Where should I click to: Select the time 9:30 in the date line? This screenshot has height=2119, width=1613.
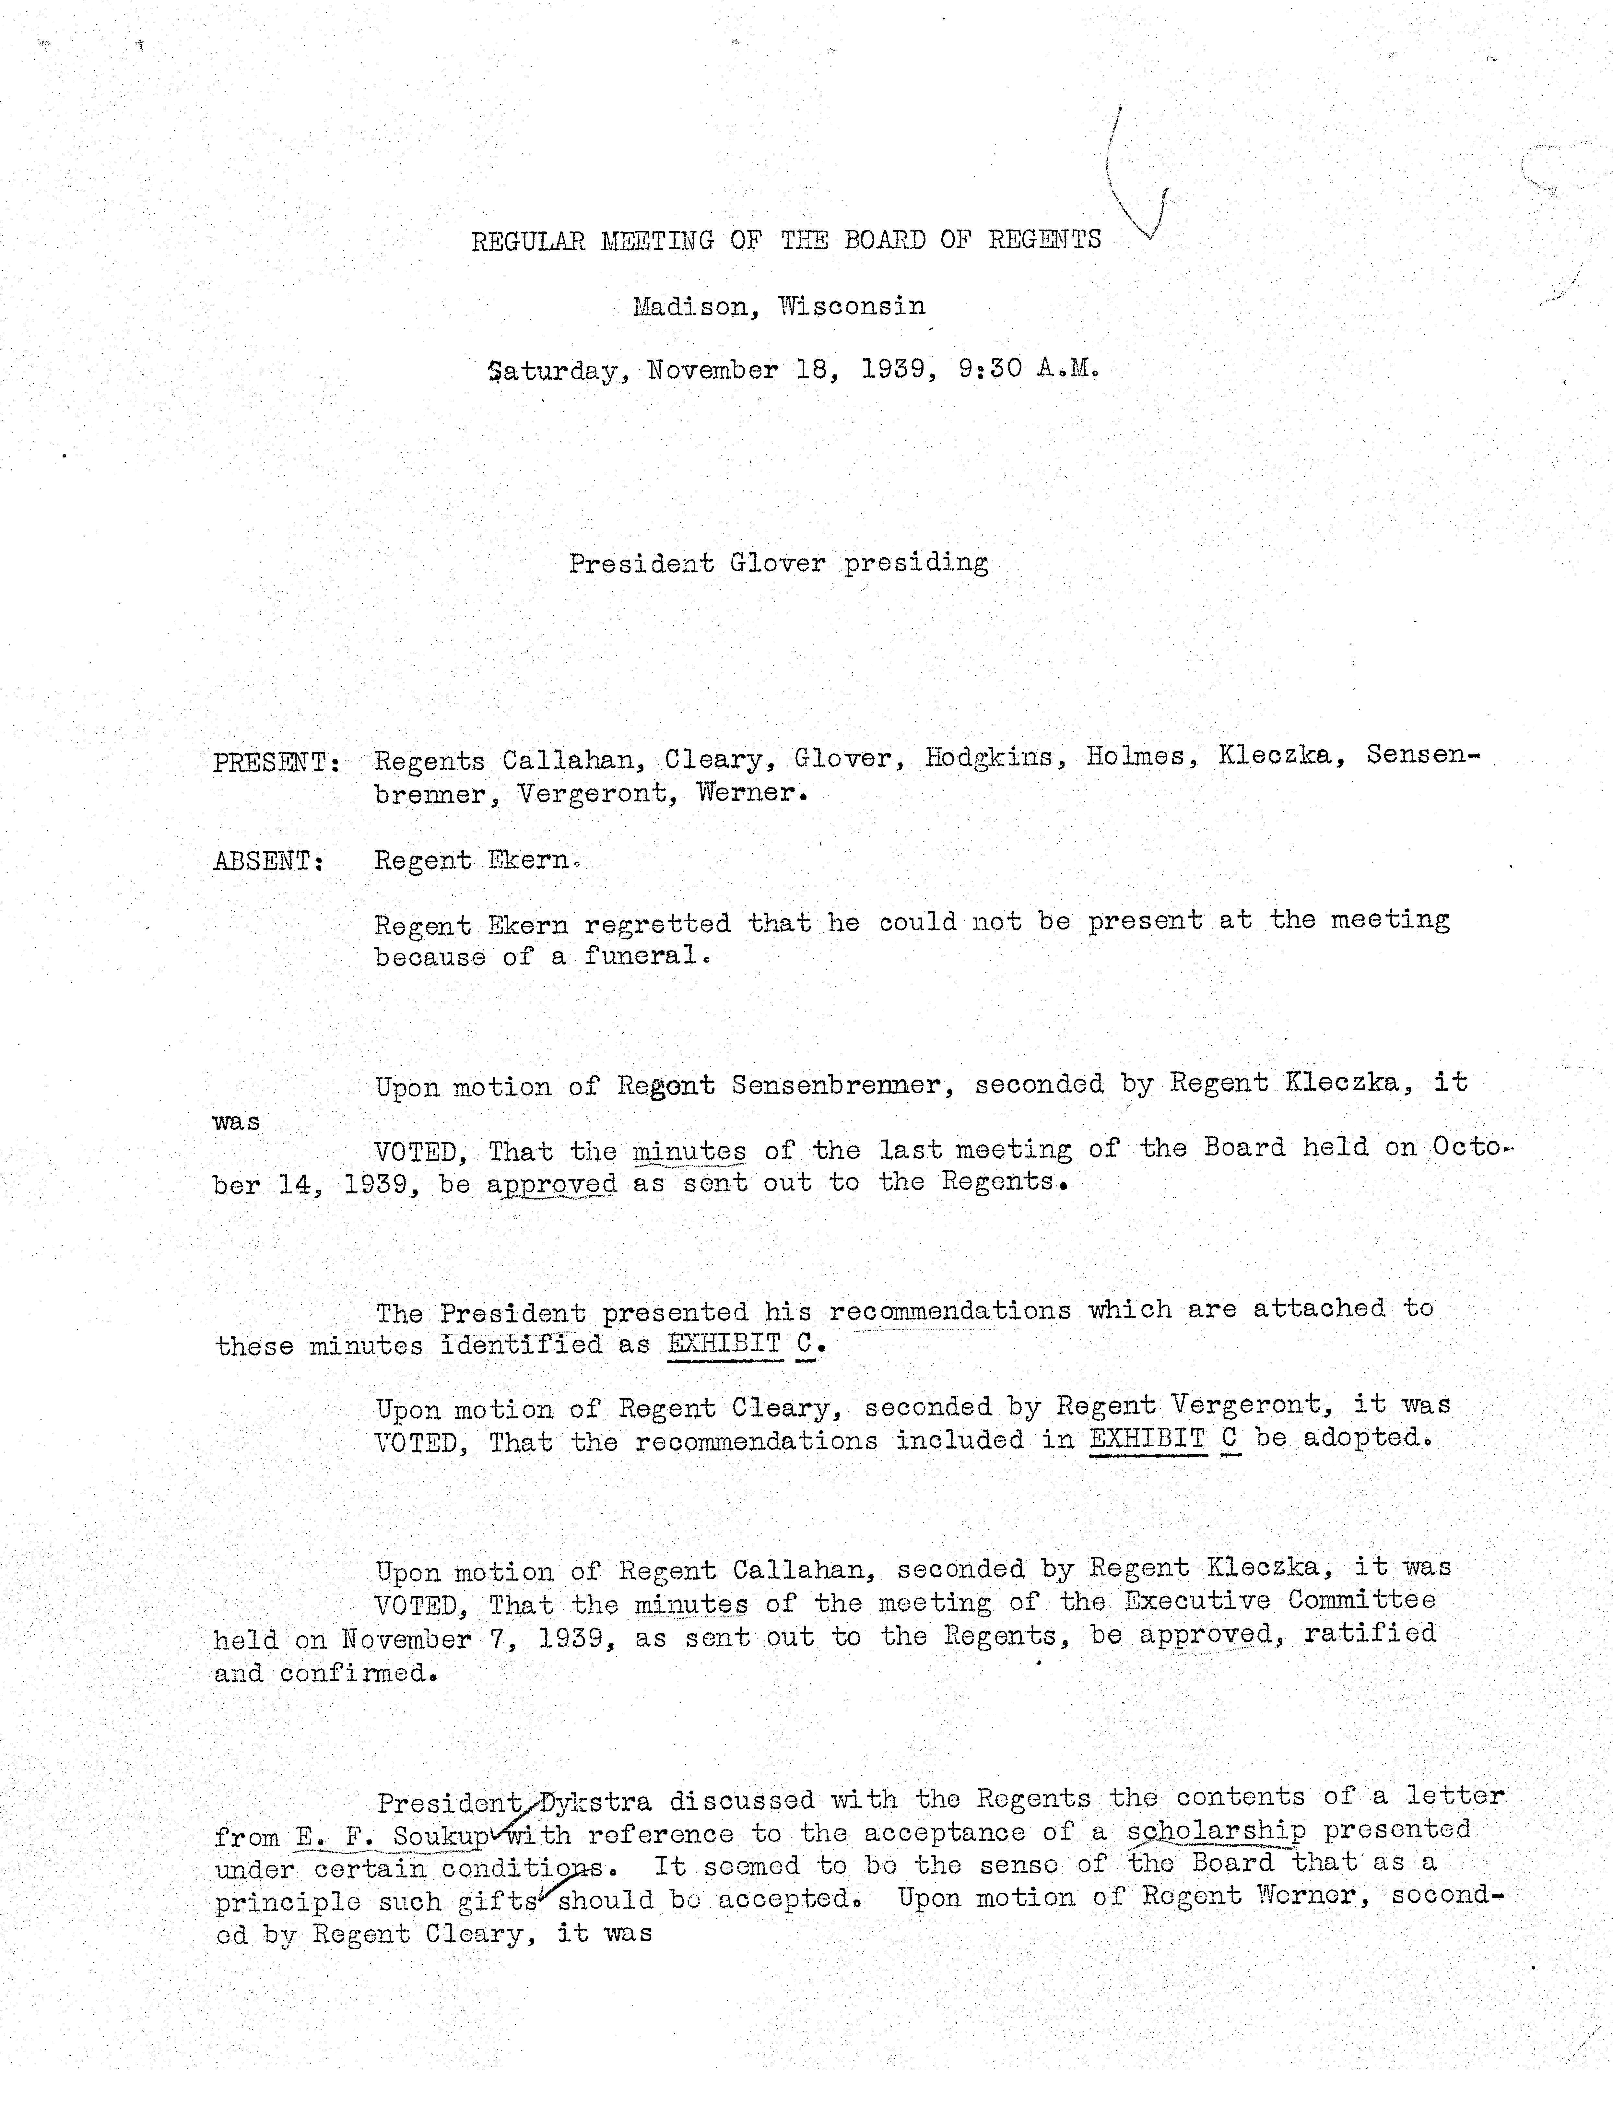(989, 370)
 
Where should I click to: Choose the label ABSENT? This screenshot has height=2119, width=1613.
(268, 861)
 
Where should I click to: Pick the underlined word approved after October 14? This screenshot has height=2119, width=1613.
(552, 1184)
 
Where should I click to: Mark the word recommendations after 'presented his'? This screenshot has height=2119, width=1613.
(949, 1311)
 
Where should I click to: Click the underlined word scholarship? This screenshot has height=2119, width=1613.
(1217, 1831)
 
